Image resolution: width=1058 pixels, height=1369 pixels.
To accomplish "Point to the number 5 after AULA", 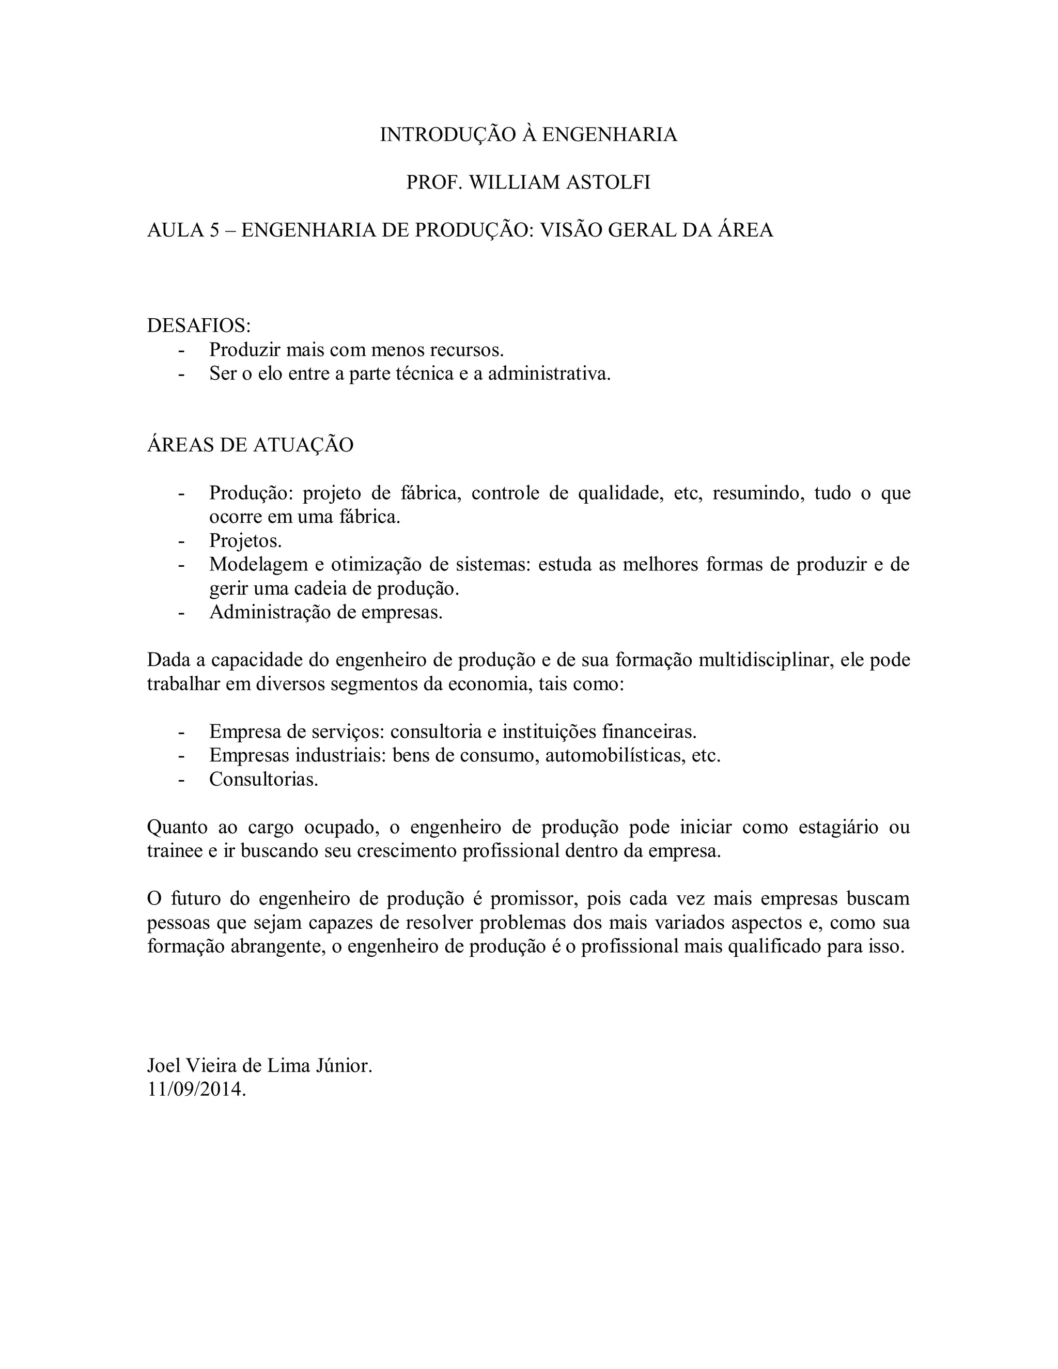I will tap(214, 231).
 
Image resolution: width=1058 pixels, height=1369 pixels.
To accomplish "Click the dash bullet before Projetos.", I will tap(182, 541).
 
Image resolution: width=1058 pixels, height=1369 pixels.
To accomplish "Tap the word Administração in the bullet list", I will tap(270, 612).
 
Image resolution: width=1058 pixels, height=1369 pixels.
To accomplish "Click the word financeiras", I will tap(649, 732).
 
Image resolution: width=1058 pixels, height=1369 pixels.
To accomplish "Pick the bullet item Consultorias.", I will tap(264, 779).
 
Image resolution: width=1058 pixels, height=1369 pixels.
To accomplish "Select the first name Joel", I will tap(163, 1066).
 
